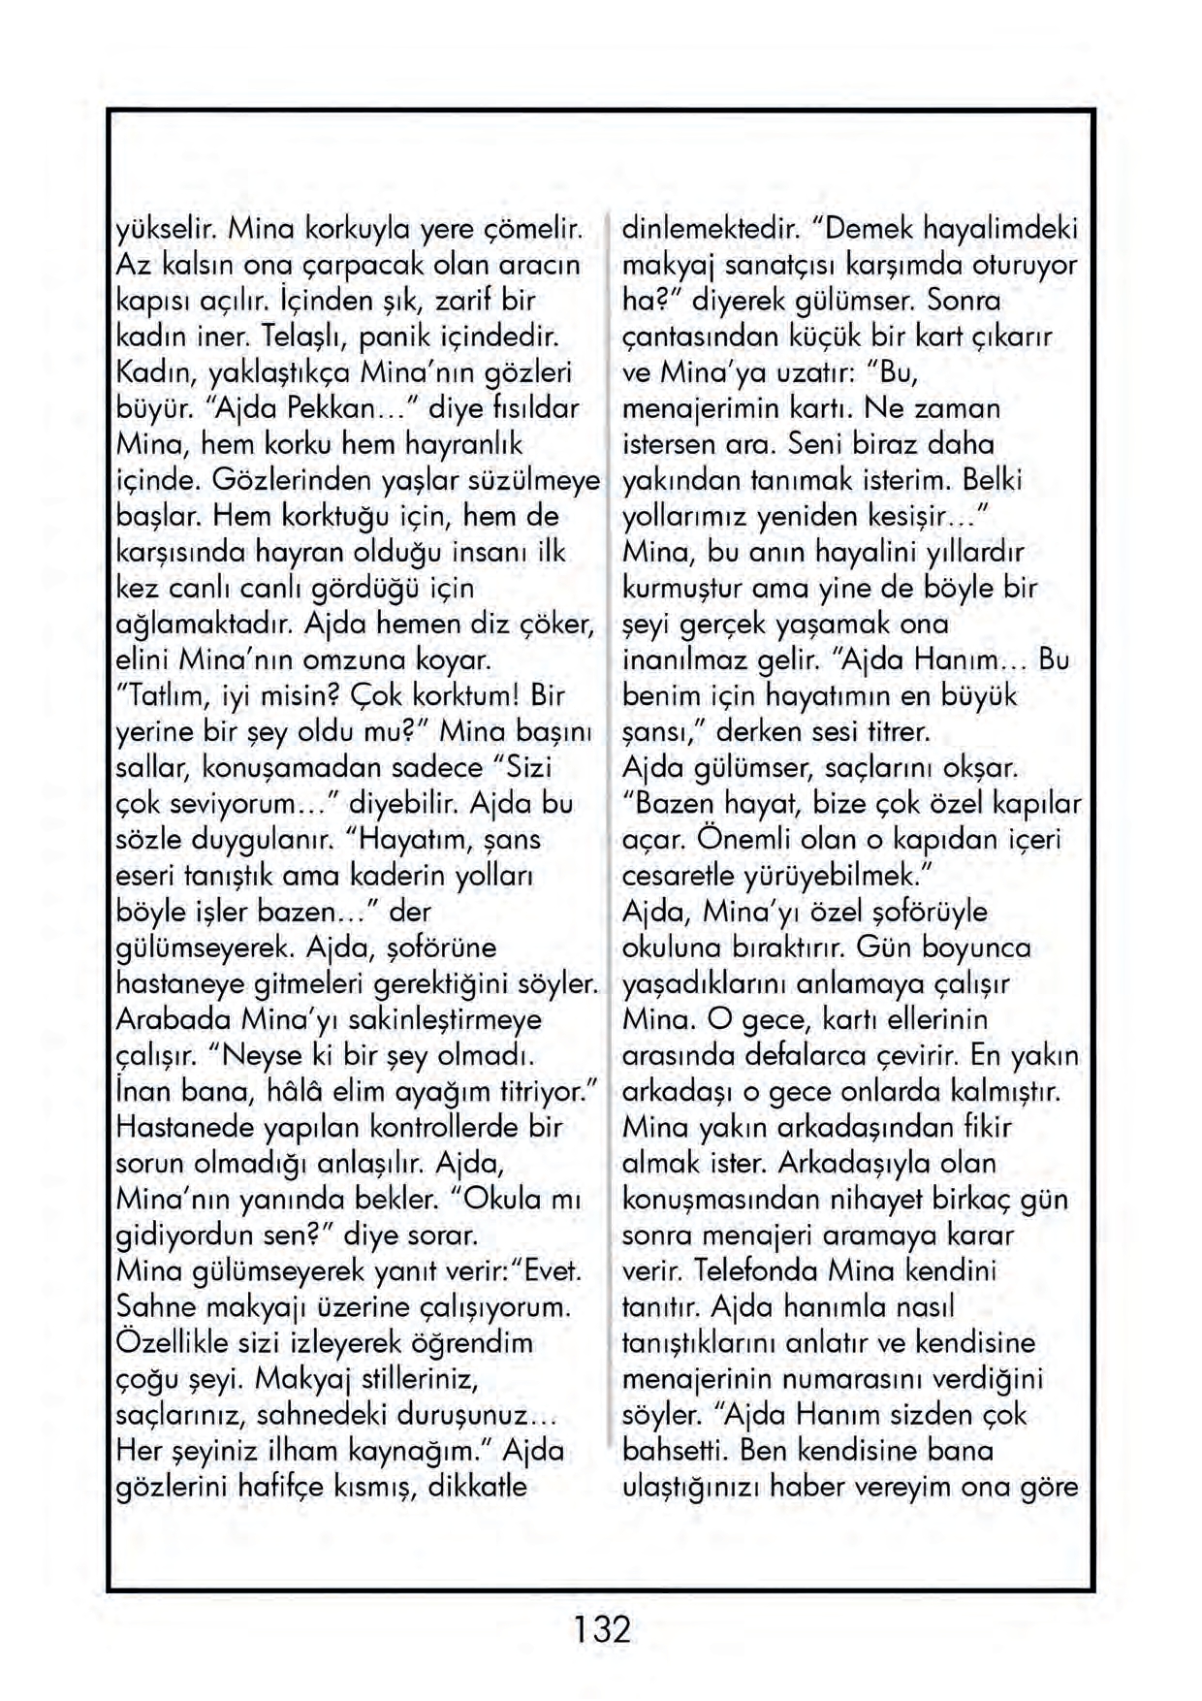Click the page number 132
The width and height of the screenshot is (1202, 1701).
[601, 1628]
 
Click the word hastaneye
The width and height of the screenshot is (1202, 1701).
[179, 983]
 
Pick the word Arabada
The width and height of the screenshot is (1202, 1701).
[174, 1019]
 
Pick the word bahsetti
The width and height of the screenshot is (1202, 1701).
[675, 1451]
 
